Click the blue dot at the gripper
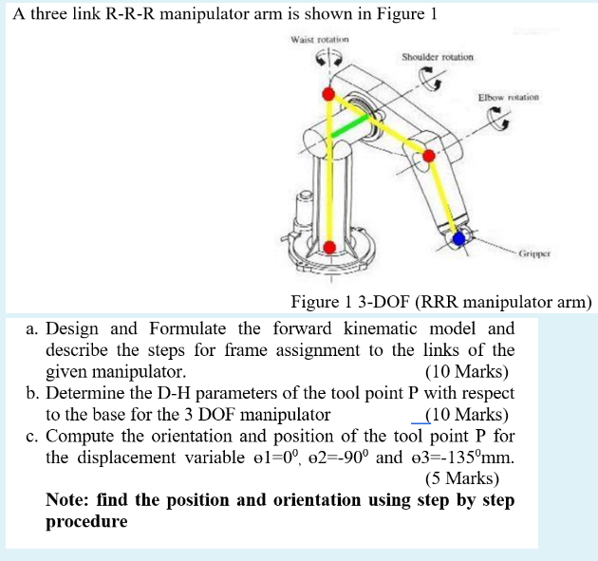click(460, 238)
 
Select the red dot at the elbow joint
click(428, 156)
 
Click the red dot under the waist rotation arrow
click(328, 94)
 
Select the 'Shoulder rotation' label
click(437, 57)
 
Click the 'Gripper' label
click(535, 254)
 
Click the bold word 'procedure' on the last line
click(86, 521)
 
